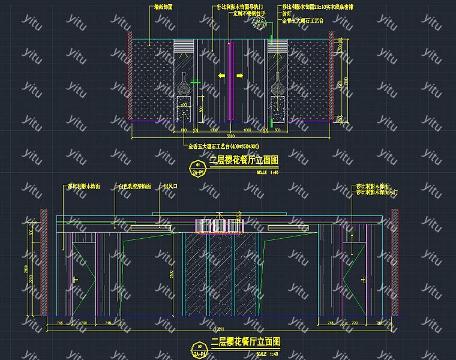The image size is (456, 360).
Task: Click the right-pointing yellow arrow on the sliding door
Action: pos(239,76)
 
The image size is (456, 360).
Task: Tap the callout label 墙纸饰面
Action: pos(163,7)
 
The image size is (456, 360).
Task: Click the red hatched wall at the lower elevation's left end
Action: pos(43,262)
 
